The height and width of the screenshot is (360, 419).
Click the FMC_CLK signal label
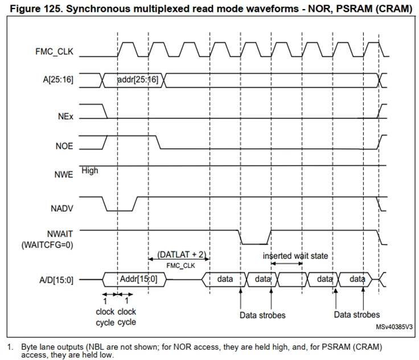[54, 52]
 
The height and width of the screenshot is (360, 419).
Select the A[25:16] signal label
[58, 80]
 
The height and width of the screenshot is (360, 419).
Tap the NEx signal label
[65, 117]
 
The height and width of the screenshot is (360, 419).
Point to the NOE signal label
[64, 146]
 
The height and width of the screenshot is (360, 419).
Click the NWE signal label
[64, 175]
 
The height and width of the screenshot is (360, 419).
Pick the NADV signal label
[61, 208]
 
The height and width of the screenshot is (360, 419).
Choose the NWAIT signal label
[60, 234]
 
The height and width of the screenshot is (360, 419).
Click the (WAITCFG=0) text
[47, 245]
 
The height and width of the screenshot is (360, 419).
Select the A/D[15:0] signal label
[56, 280]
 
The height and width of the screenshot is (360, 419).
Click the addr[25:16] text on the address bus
[138, 80]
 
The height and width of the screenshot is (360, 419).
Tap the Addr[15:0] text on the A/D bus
[138, 279]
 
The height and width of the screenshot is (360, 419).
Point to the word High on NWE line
[90, 171]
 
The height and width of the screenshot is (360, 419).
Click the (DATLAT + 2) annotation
[182, 255]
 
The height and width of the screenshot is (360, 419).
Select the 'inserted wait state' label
[295, 256]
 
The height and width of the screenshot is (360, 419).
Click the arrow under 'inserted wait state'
[286, 264]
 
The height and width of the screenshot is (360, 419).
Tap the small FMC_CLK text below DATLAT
[180, 266]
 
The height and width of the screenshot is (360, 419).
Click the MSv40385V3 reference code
[394, 327]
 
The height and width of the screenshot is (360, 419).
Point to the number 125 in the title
[56, 9]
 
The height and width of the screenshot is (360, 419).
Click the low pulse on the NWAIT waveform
[254, 244]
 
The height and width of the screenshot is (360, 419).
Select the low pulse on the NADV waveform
[120, 211]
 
